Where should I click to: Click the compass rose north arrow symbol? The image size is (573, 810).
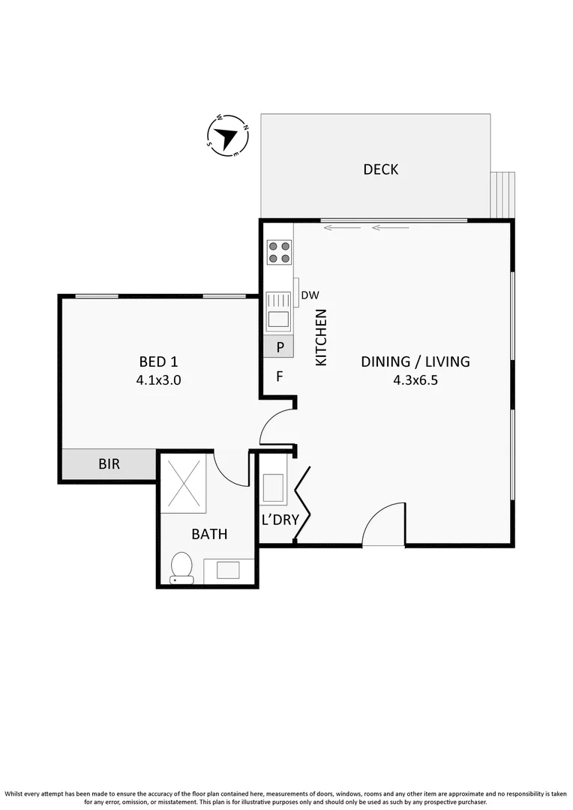pos(227,136)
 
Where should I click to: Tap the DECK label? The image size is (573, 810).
pos(380,169)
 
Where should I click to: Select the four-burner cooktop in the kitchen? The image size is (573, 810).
pos(279,251)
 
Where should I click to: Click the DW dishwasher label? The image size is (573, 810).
pos(310,295)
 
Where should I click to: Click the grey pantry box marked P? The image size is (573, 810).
pos(279,346)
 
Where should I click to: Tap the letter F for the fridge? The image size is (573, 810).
pos(279,376)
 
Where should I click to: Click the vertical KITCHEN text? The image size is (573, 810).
pos(321,337)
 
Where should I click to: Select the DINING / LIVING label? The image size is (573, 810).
pos(415,361)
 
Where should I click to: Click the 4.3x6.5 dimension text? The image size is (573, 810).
pos(415,380)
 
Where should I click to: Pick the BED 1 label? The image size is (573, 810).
pos(158,361)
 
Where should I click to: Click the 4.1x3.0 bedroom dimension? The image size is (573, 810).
pos(158,380)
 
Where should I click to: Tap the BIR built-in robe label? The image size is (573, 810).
pos(109,464)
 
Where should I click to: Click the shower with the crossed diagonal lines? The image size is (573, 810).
pos(183,481)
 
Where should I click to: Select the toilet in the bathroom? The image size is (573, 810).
pos(181,567)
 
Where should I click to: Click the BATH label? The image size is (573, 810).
pos(209,535)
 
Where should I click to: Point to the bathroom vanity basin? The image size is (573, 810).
pos(229,570)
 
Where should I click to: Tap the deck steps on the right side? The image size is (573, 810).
pos(502,193)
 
